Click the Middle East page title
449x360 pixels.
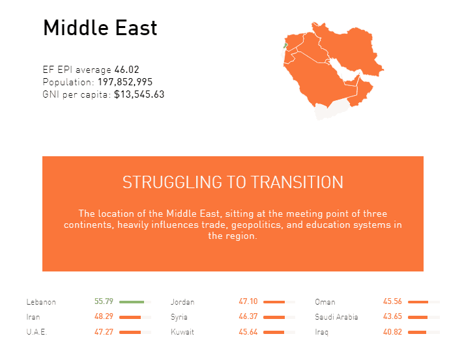click(100, 28)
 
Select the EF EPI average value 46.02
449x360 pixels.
click(126, 70)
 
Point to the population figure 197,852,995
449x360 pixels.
click(125, 82)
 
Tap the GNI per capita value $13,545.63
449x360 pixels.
click(139, 94)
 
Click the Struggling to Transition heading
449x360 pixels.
click(233, 182)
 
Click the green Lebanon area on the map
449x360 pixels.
click(285, 46)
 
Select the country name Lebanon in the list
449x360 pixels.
click(41, 302)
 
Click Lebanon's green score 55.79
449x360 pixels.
click(104, 301)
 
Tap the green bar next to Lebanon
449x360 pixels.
click(132, 302)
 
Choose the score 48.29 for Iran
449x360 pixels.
click(104, 316)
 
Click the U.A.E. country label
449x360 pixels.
click(36, 332)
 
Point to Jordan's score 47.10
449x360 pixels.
click(248, 301)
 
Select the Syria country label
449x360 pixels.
click(179, 317)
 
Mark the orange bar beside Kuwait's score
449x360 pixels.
click(274, 332)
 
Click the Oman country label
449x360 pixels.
click(325, 302)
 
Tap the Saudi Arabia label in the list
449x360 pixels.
click(336, 317)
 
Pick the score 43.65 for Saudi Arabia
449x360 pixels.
click(392, 316)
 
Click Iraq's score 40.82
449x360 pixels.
click(392, 332)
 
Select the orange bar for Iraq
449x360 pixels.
click(417, 332)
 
